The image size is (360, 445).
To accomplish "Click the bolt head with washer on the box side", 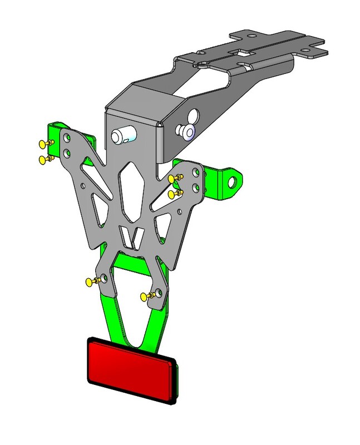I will click(185, 131).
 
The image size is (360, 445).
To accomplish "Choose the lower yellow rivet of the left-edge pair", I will click(44, 160).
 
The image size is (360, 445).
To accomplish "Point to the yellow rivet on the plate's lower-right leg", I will click(147, 295).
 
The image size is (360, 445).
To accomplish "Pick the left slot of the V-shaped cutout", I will click(125, 238).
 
